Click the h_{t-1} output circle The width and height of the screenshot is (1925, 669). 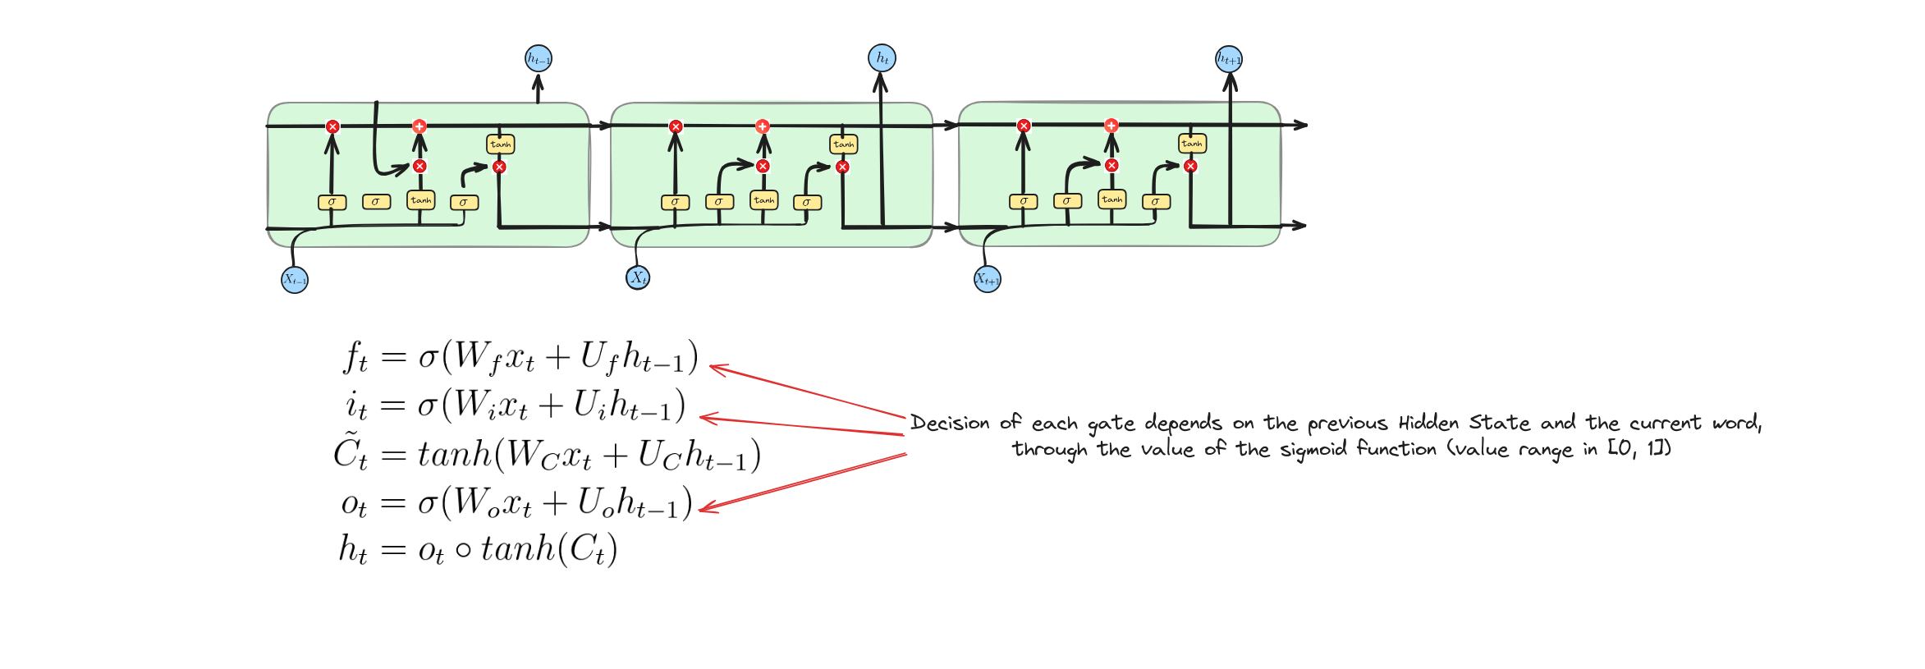pyautogui.click(x=539, y=58)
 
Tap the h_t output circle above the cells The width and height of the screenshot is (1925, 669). pyautogui.click(x=882, y=57)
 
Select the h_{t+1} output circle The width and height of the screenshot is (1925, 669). pyautogui.click(x=1229, y=58)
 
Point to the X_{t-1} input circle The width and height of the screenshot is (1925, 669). pyautogui.click(x=295, y=279)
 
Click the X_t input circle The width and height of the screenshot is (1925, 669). pyautogui.click(x=638, y=277)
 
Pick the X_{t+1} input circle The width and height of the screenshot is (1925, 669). pyautogui.click(x=988, y=279)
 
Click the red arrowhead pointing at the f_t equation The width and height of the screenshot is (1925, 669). pyautogui.click(x=717, y=369)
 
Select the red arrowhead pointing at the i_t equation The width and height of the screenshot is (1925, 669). pyautogui.click(x=708, y=419)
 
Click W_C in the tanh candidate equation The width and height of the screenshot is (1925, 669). pyautogui.click(x=534, y=456)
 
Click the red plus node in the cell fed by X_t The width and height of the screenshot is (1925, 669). pyautogui.click(x=763, y=126)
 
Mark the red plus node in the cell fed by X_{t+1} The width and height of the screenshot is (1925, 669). pyautogui.click(x=1111, y=126)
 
